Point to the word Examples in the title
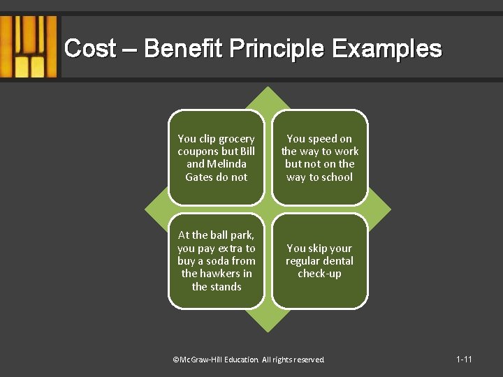387,50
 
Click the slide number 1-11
464,360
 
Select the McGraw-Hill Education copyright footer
249,360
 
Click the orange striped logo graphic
29,47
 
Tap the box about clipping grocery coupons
217,158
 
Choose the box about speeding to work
320,158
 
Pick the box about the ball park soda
217,260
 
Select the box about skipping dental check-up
320,260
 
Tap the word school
337,177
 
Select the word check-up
320,274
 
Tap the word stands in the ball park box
226,287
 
